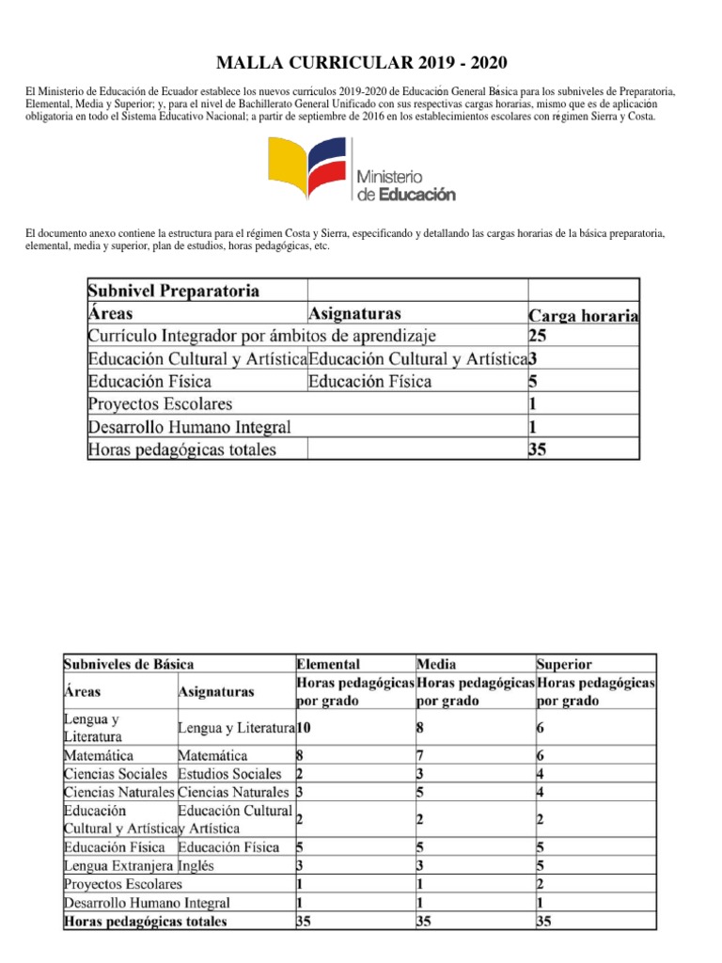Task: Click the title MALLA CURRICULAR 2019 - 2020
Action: click(361, 63)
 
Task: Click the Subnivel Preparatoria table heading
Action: click(174, 290)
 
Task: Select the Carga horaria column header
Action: click(584, 316)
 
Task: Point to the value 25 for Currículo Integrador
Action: click(539, 335)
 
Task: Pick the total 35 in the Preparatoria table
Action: click(539, 450)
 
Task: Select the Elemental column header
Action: click(327, 663)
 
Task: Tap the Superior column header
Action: click(564, 663)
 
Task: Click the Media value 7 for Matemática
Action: click(419, 755)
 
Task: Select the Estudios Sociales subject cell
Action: click(228, 774)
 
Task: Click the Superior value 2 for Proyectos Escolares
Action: click(541, 884)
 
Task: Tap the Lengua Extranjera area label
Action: click(118, 865)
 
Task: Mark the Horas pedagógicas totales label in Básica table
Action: click(145, 922)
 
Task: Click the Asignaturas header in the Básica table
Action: click(215, 691)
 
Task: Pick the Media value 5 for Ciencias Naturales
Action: click(419, 792)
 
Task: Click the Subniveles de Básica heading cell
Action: click(129, 663)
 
